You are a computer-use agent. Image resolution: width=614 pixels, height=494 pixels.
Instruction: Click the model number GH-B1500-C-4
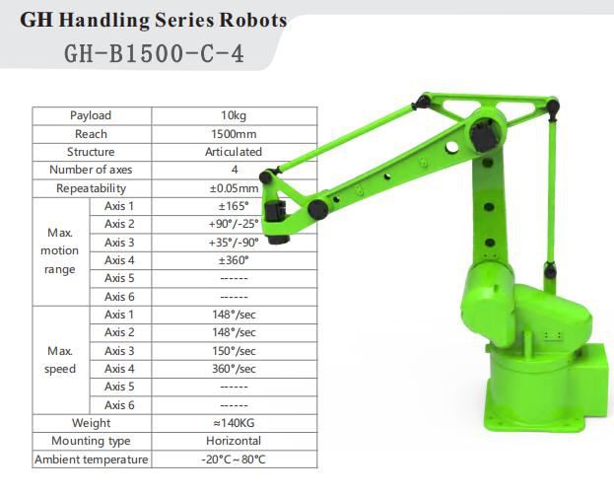154,53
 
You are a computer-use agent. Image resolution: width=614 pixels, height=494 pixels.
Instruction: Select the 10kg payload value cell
234,115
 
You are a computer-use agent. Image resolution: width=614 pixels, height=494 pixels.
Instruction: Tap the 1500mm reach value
234,134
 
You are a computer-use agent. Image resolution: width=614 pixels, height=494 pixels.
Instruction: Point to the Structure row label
91,152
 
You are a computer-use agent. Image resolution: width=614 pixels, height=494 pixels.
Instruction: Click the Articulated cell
234,152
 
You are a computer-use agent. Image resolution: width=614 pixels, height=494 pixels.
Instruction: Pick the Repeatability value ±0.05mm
234,188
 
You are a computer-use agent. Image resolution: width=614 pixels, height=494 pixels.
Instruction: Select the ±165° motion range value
234,206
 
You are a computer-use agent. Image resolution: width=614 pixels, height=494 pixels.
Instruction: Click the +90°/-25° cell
234,224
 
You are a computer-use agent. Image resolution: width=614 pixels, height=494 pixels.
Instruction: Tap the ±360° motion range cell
234,260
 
